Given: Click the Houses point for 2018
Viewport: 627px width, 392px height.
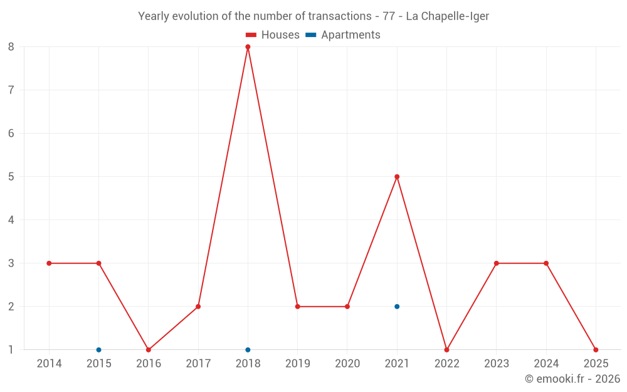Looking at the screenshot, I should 248,47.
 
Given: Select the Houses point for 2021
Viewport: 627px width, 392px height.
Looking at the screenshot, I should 397,177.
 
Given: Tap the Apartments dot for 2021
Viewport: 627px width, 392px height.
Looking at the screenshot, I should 397,307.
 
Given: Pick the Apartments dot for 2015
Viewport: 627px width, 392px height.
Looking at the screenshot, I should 98,350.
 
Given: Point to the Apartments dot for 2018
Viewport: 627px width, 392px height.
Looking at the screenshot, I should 248,350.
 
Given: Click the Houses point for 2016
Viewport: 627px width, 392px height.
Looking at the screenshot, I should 149,350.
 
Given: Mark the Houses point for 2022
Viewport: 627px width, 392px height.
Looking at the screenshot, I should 446,350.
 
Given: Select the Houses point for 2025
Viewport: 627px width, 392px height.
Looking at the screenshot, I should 596,350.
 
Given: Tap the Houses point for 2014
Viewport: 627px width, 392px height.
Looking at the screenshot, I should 49,263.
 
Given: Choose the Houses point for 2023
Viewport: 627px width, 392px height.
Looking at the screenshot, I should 497,263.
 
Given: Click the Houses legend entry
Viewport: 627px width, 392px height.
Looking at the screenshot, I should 273,35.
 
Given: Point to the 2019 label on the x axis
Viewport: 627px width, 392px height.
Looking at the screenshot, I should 298,363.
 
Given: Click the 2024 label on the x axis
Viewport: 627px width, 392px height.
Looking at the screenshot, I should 546,363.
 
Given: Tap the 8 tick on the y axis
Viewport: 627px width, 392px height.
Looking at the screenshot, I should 11,47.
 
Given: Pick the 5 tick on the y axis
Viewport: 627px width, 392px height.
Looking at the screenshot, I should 11,177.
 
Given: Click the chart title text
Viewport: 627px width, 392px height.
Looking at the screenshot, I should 313,16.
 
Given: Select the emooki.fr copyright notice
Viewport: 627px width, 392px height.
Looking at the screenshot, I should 572,379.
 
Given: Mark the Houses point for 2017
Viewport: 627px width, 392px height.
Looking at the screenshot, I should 198,307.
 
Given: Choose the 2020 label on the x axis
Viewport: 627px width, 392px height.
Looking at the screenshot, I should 347,363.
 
